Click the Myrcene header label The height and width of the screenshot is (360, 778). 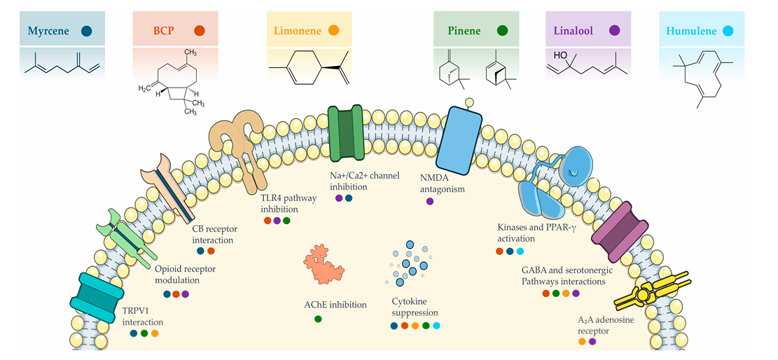pyautogui.click(x=52, y=31)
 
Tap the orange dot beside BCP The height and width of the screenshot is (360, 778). pyautogui.click(x=200, y=31)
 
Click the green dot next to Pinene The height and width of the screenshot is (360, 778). pyautogui.click(x=502, y=31)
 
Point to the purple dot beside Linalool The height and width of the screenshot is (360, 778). pyautogui.click(x=615, y=31)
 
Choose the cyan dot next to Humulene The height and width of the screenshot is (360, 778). pyautogui.click(x=728, y=31)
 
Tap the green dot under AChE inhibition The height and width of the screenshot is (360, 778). pyautogui.click(x=318, y=319)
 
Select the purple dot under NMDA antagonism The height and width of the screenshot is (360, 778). pyautogui.click(x=430, y=202)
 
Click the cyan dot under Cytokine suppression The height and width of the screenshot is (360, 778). pyautogui.click(x=437, y=326)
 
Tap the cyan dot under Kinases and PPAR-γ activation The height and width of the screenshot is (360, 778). pyautogui.click(x=520, y=251)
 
